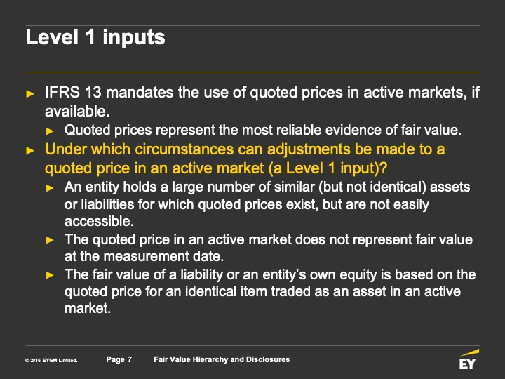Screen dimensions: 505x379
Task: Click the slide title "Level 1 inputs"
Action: (x=95, y=37)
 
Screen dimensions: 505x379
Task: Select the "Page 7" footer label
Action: (x=119, y=359)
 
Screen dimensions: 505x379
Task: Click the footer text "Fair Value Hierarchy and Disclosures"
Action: (x=222, y=359)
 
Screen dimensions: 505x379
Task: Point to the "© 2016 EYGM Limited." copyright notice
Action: (x=51, y=360)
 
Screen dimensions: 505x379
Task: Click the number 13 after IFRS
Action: (x=93, y=93)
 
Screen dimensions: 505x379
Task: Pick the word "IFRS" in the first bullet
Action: (x=62, y=93)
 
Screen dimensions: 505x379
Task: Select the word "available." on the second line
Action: (x=77, y=112)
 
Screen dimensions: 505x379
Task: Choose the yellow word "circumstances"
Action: (x=184, y=149)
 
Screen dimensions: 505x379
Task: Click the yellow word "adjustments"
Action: (x=309, y=150)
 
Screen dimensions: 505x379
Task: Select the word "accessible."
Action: (x=99, y=221)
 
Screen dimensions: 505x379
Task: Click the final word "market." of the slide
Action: (x=88, y=308)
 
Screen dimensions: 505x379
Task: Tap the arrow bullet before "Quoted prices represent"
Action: (x=50, y=131)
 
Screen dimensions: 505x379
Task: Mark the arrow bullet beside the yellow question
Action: (x=30, y=150)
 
